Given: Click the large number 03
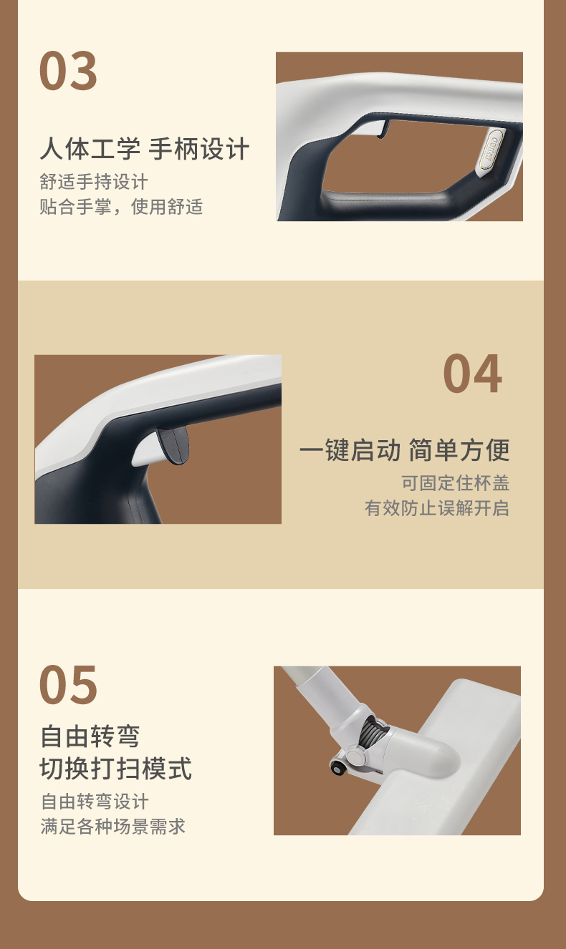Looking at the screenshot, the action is point(68,70).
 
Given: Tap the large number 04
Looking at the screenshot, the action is point(473,374).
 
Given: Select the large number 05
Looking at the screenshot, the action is point(68,685).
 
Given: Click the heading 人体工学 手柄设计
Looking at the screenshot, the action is point(145,149).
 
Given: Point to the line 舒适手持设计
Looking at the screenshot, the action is point(94,182).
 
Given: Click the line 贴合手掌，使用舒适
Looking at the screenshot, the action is point(121,207).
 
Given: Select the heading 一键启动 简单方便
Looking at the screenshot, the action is point(405,450).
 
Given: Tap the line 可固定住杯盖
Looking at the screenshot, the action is point(456,483).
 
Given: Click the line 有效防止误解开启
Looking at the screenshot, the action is point(437,508).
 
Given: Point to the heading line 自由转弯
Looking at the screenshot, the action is point(90,736).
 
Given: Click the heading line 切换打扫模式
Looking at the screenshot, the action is point(116,769).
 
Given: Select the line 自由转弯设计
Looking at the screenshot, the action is point(95,802).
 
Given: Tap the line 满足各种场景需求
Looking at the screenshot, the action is point(112,827).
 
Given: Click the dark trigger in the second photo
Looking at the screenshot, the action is point(173,445).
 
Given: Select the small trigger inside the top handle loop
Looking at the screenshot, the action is point(383,129).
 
